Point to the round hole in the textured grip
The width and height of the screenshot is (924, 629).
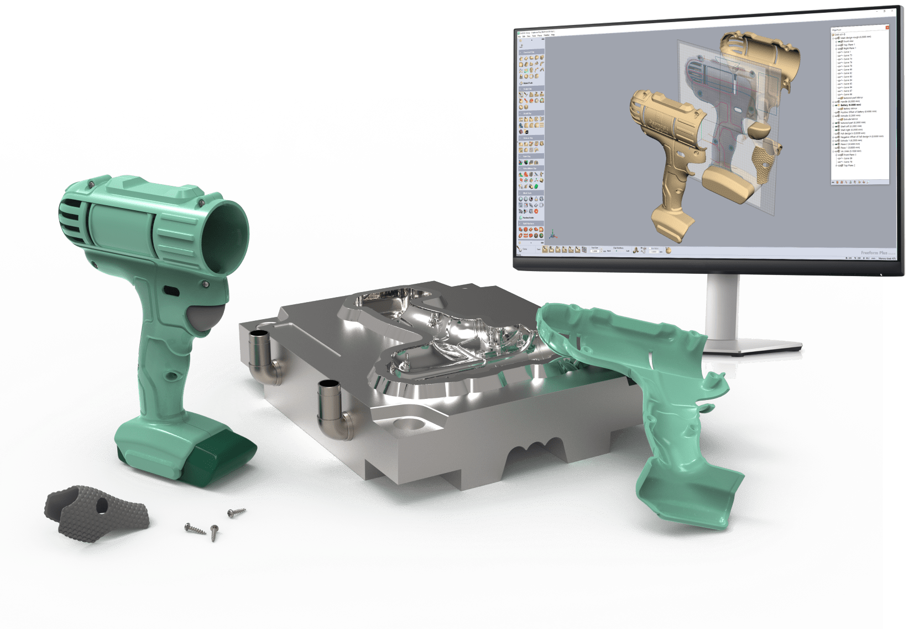tap(101, 504)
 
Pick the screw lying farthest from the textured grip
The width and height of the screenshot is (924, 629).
tap(237, 513)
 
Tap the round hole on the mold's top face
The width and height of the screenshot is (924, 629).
tap(412, 423)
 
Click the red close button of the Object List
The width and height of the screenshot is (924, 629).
tap(886, 28)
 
